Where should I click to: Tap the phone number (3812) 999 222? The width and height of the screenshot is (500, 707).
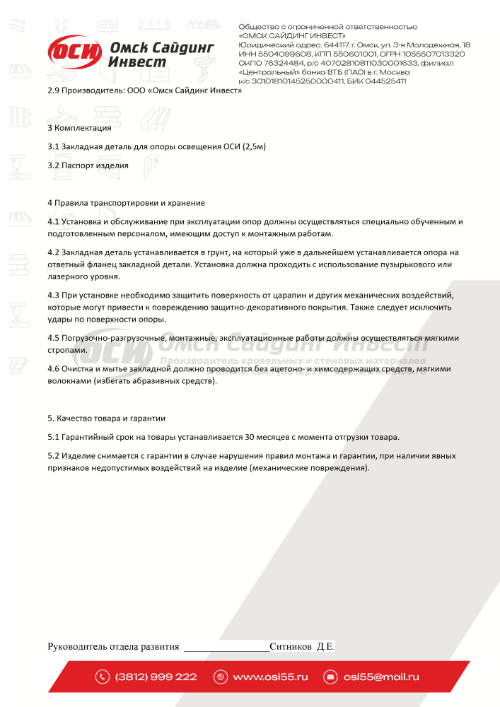pos(156,677)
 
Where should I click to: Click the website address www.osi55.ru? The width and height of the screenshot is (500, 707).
pos(270,677)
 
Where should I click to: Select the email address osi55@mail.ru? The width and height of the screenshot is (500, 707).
pos(381,677)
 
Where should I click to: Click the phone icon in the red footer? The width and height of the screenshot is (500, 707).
pos(103,677)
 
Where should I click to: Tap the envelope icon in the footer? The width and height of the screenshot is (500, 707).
pos(330,677)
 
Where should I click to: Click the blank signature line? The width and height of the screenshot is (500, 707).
pos(226,647)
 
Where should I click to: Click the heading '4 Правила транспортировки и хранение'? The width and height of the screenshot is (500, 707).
pos(125,203)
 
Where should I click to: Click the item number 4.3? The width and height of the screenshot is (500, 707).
pos(53,294)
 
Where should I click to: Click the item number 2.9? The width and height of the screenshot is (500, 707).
pos(53,90)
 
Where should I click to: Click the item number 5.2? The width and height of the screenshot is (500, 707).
pos(53,455)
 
